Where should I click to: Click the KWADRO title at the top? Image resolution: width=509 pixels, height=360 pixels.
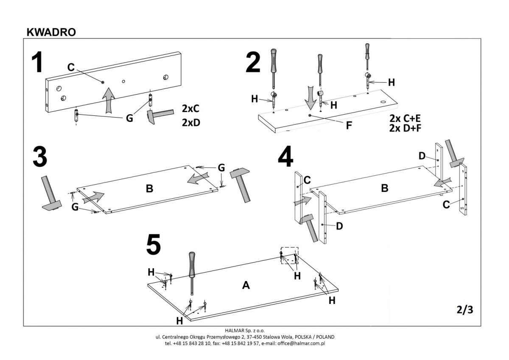click(51, 32)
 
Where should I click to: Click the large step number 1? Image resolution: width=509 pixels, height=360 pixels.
click(38, 63)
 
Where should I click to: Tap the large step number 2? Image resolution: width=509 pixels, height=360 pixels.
click(253, 63)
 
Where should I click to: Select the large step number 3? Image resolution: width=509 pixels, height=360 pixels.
click(39, 157)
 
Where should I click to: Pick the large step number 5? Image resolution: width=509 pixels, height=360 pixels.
click(154, 245)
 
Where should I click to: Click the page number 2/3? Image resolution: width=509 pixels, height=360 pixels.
click(464, 310)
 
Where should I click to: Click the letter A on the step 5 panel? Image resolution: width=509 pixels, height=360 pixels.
click(246, 286)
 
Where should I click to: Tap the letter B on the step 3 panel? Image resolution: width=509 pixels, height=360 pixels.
click(149, 188)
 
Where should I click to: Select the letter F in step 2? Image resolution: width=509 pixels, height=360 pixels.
click(349, 125)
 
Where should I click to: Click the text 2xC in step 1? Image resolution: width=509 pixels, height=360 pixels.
click(190, 109)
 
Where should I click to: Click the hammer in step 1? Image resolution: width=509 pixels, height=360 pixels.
click(159, 115)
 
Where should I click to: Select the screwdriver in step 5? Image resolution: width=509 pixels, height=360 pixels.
click(192, 272)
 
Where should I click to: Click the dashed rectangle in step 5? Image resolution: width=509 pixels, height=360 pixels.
click(289, 255)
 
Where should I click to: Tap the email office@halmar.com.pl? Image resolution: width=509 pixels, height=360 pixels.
click(302, 343)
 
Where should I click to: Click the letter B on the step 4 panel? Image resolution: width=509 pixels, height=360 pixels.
click(385, 188)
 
